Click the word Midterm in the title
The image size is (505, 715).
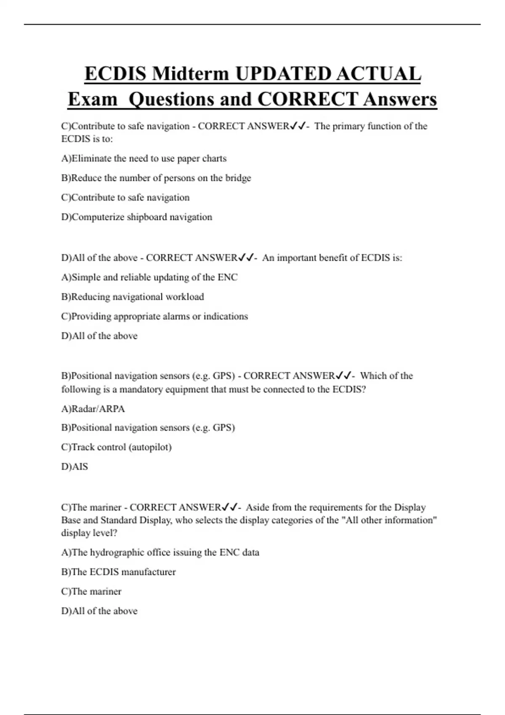coord(191,74)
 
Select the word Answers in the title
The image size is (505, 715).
coord(400,100)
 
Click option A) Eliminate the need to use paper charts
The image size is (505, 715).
coord(144,159)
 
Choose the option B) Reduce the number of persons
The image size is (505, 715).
coord(156,178)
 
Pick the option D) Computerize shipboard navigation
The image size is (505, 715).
coord(136,217)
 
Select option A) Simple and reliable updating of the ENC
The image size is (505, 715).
coord(149,278)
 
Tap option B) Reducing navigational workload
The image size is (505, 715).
coord(132,297)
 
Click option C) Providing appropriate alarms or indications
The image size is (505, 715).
coord(154,316)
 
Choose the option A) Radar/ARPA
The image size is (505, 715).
coord(93,409)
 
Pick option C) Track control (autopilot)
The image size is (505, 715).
coord(116,447)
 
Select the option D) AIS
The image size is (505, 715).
coord(74,466)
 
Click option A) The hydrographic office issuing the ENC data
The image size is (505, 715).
coord(160,552)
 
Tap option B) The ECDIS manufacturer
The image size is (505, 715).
coord(118,572)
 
